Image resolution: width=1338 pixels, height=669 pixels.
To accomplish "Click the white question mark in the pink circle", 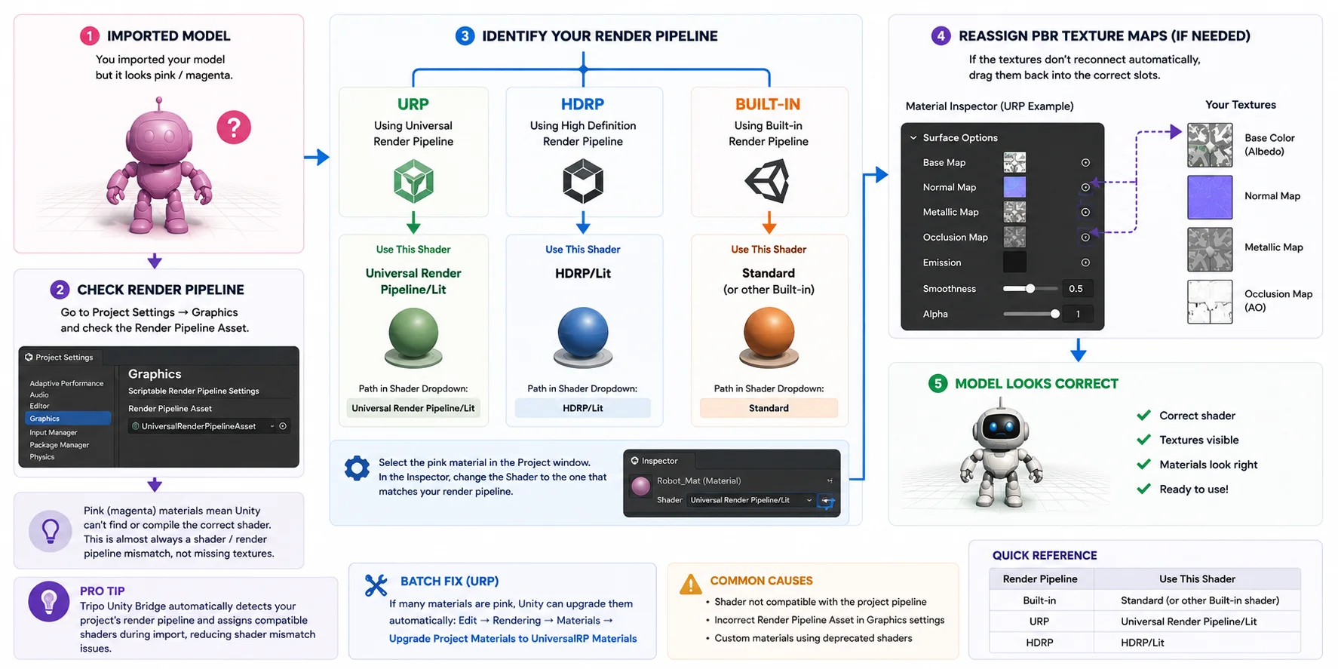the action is [x=234, y=127].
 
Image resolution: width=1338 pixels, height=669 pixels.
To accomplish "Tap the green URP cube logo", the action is [x=413, y=181].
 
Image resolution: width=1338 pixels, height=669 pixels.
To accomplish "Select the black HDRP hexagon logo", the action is [x=583, y=181].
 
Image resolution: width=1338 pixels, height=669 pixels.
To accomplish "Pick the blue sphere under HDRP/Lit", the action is [x=583, y=333].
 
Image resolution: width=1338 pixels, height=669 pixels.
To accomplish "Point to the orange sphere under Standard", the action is [x=769, y=333].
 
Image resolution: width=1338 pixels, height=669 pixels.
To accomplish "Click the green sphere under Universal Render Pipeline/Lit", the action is [x=413, y=334].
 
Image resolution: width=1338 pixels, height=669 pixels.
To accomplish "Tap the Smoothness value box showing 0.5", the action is [x=1077, y=289].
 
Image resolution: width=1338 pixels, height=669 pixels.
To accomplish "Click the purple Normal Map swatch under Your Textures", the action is [x=1210, y=197].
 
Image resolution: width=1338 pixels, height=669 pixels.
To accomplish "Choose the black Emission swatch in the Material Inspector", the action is [x=1014, y=262].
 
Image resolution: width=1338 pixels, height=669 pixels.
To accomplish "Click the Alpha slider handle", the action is [x=1054, y=314].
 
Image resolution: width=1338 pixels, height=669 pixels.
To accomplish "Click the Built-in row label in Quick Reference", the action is [x=1039, y=600].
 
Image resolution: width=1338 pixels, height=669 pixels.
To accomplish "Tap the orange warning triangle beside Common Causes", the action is [x=690, y=584].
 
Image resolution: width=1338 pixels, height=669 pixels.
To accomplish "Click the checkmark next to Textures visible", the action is [x=1143, y=440].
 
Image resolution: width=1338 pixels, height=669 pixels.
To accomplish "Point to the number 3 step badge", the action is [x=465, y=35].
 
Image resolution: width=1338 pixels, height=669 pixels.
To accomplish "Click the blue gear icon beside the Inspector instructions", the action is [x=357, y=468].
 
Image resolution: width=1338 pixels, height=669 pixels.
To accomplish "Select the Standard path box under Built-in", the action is [x=769, y=408].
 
